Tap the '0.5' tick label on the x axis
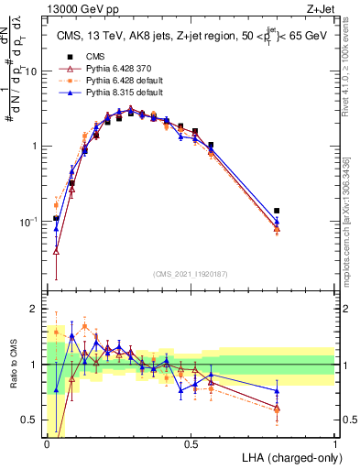tap(191, 443)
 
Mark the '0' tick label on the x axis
tap(48, 443)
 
